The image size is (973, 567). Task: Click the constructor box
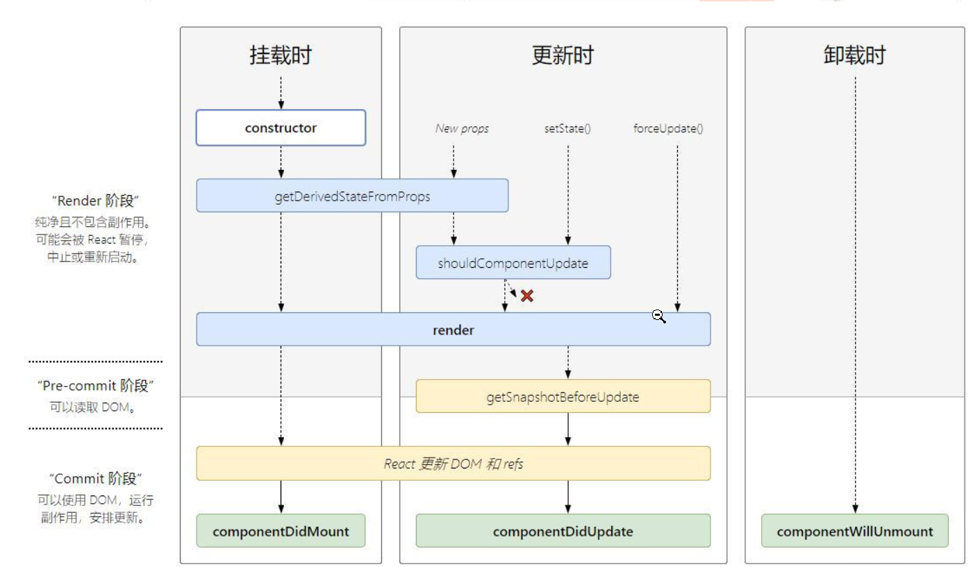pos(281,128)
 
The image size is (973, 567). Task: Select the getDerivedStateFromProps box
pos(352,196)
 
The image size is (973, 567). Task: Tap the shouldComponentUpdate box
pos(513,263)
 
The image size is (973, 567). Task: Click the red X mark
pos(527,296)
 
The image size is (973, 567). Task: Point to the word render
pos(453,330)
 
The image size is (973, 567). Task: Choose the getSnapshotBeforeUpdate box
pos(563,397)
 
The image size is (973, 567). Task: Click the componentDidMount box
pos(281,532)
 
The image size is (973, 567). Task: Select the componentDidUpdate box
pos(563,532)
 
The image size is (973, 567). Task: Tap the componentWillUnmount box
pos(854,532)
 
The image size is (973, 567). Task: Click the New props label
pos(461,128)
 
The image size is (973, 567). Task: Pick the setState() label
pos(567,128)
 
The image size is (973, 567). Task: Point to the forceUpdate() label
pos(668,128)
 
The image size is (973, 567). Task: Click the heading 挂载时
pos(281,56)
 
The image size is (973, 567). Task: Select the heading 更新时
pos(563,56)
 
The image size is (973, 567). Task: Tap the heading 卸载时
pos(854,56)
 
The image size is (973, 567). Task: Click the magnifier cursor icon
pos(658,316)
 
